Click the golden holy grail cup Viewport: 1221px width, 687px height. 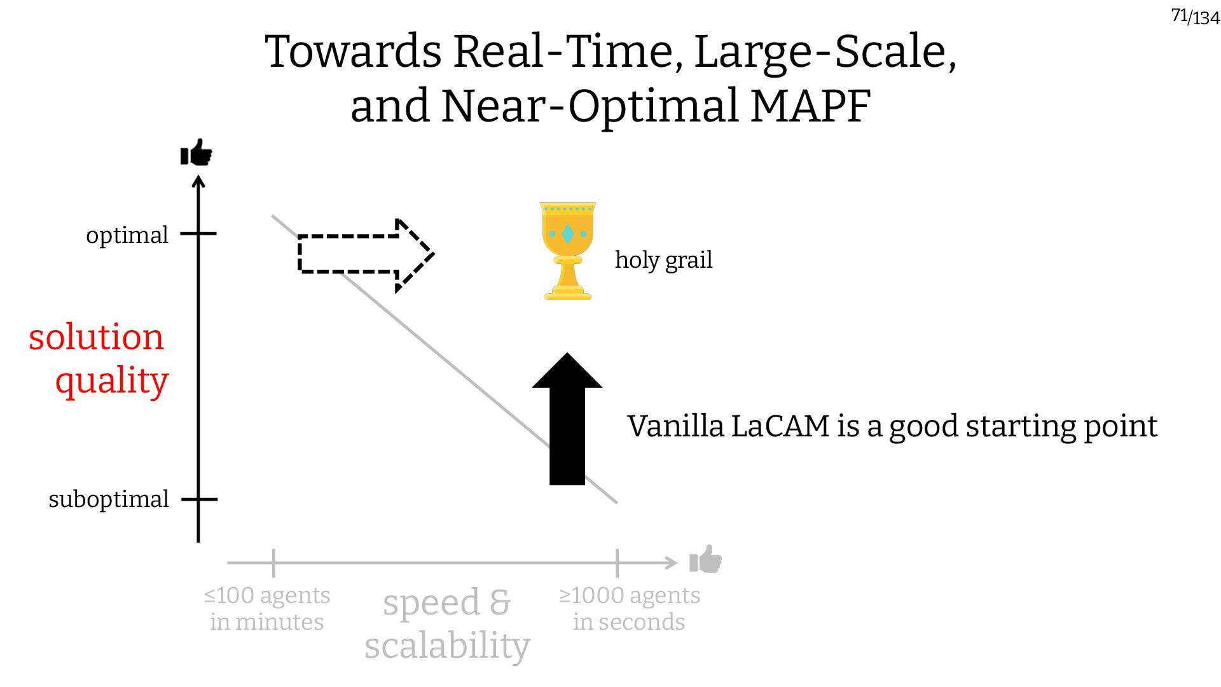[x=567, y=251]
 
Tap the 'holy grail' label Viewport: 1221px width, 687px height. [x=663, y=260]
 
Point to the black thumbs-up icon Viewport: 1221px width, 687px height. [x=196, y=153]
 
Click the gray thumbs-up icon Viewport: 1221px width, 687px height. [x=706, y=560]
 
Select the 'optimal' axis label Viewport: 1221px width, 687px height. [x=127, y=235]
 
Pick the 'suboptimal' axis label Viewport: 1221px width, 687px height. [x=109, y=499]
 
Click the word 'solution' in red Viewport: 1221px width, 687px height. [x=96, y=337]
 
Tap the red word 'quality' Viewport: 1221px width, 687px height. [x=111, y=380]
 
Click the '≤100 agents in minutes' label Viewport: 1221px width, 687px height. [x=267, y=608]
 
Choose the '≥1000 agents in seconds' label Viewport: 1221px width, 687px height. [x=629, y=608]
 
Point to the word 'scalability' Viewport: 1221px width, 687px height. [x=447, y=645]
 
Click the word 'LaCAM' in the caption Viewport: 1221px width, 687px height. [x=780, y=426]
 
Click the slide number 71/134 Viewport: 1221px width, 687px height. [x=1195, y=16]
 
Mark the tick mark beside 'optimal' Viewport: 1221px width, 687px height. [x=198, y=233]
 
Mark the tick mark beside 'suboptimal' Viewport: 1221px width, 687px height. [x=199, y=499]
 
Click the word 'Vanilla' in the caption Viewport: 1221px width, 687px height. [x=675, y=426]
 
